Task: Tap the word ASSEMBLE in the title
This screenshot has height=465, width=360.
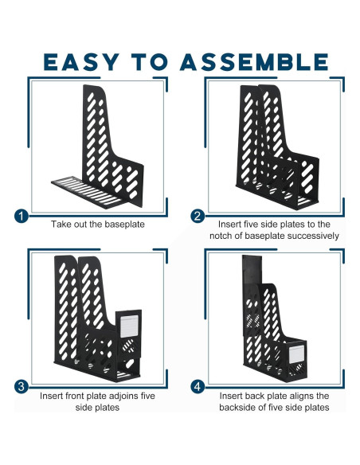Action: tap(254, 61)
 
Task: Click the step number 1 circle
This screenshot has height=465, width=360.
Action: tap(22, 216)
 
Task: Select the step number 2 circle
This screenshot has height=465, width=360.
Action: tap(198, 216)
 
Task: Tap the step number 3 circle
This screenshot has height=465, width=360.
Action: tap(22, 388)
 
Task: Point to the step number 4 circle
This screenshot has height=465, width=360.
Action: tap(198, 388)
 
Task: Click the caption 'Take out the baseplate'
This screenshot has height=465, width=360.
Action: tap(98, 225)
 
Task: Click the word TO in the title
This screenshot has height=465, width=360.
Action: tap(152, 61)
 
